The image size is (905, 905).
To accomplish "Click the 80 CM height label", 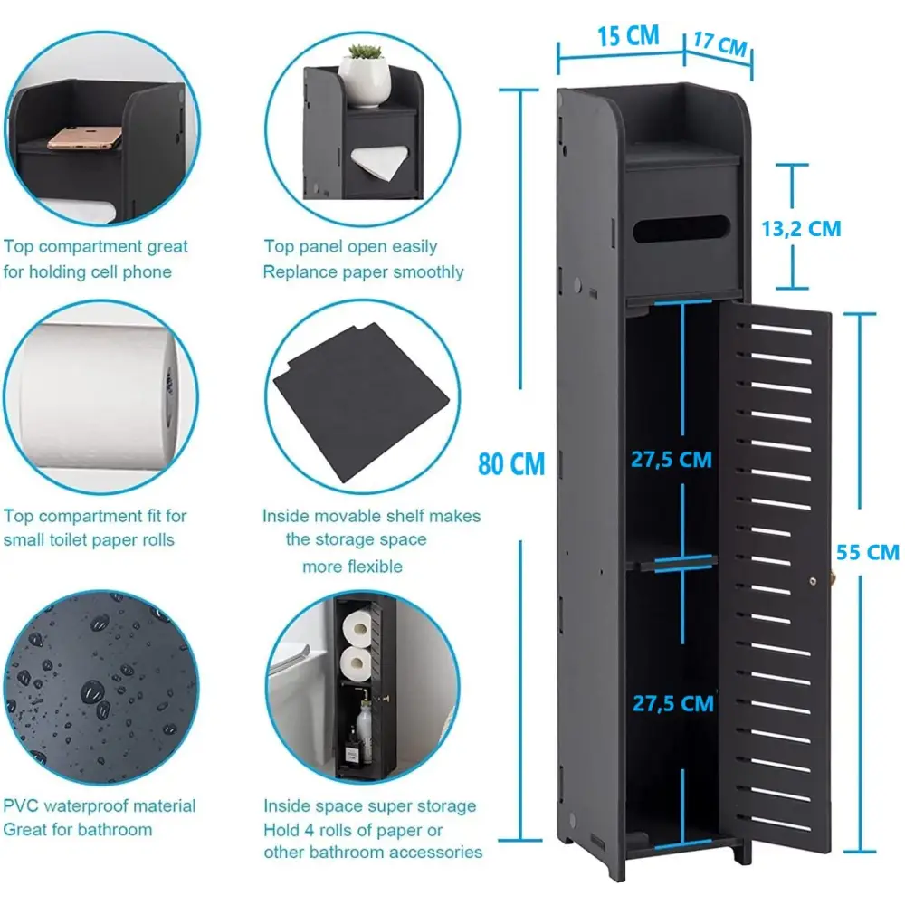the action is [511, 464].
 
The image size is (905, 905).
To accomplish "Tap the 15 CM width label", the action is [628, 36].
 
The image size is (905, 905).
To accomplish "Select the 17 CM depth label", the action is [720, 43].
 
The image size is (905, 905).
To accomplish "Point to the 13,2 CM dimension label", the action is [801, 229].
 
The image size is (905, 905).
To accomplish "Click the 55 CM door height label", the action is [868, 552].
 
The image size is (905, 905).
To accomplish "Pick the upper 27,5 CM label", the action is [672, 460].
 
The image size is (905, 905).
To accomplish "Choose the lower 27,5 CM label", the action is [673, 703].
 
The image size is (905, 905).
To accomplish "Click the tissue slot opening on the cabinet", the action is [681, 229].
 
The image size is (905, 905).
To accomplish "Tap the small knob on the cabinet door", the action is [814, 581].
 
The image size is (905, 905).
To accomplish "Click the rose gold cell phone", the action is [85, 138].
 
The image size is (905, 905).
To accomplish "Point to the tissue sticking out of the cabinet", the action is [380, 162].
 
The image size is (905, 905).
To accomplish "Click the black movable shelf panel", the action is [361, 402].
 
